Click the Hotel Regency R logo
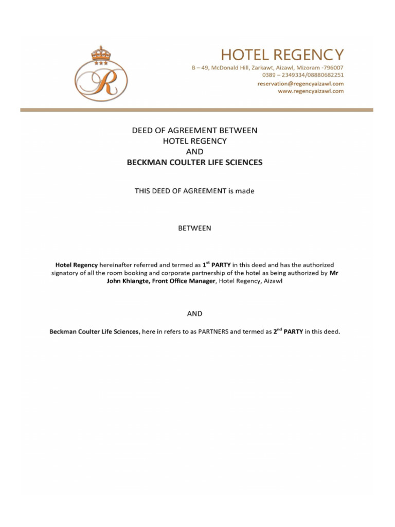101,80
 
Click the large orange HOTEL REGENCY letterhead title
282,54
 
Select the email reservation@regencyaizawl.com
300,83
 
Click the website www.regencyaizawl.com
311,91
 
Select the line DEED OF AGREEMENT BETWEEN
194,131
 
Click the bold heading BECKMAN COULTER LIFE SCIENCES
194,162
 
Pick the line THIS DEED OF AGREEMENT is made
194,191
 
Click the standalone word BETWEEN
194,228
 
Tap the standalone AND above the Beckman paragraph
194,313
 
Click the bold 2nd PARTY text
288,331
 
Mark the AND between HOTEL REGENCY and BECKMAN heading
194,152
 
